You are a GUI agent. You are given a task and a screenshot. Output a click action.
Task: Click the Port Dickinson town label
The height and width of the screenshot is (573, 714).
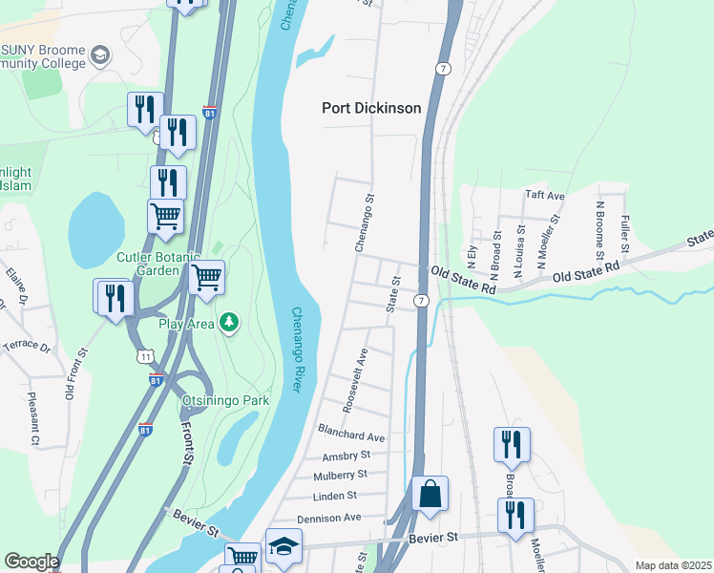[371, 108]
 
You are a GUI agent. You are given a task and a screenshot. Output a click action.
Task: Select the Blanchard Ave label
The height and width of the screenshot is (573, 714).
[351, 436]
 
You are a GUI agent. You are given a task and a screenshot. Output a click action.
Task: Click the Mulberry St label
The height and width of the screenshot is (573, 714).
[340, 475]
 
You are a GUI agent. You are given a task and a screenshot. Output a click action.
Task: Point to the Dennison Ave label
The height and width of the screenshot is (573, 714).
[329, 517]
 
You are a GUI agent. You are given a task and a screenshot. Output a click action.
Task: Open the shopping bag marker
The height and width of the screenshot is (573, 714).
[430, 495]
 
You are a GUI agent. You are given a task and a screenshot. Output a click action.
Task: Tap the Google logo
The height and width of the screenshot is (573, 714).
[31, 562]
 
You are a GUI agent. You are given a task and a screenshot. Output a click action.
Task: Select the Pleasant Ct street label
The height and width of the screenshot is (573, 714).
[34, 419]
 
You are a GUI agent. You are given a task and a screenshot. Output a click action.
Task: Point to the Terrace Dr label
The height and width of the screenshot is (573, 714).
[26, 345]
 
